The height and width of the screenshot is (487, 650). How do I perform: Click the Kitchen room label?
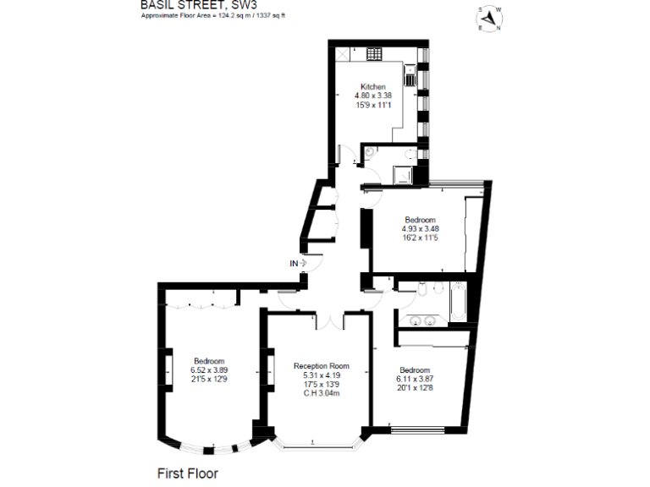373,87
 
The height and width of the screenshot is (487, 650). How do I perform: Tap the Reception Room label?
321,366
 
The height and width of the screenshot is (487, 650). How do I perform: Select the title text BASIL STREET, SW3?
199,5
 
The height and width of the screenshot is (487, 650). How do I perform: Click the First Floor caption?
187,473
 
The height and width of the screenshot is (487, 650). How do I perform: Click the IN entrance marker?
295,264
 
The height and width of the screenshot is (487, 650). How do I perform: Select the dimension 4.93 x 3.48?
420,228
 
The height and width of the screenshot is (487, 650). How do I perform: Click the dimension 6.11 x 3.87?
415,380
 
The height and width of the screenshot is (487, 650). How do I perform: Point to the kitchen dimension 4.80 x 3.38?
373,96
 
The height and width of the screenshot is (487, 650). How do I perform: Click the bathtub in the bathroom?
458,304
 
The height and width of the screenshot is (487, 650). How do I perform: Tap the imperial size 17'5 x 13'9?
321,384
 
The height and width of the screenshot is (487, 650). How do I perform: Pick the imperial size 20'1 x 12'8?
415,388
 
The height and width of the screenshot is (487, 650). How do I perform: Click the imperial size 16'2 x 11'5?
420,238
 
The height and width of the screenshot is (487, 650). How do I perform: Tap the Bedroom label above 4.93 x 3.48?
420,220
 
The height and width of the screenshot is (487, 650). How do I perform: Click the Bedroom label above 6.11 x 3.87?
415,370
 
